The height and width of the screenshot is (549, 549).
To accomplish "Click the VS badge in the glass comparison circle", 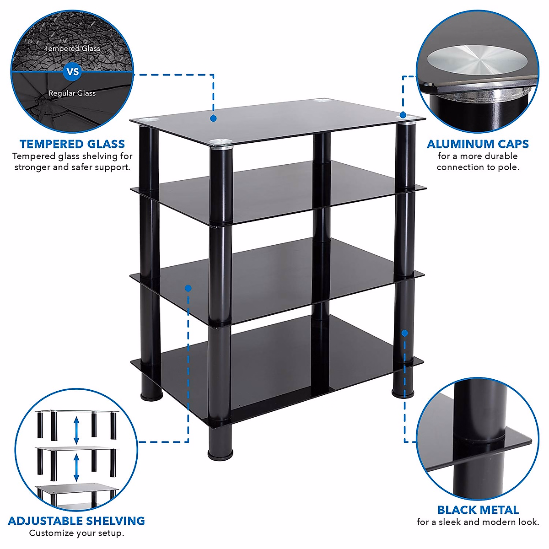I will (72, 72).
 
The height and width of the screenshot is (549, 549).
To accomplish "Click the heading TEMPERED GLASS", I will (72, 144).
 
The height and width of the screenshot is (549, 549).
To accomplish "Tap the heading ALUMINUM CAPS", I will (478, 144).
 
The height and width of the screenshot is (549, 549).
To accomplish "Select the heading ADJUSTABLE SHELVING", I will (76, 521).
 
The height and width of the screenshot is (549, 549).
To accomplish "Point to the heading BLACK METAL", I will (478, 510).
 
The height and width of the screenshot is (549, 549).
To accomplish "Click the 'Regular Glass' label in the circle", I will (72, 93).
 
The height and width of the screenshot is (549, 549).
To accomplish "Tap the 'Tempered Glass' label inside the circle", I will (72, 48).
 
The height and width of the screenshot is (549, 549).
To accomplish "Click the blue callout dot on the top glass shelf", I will (213, 118).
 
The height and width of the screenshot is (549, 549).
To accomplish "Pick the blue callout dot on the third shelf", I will (188, 288).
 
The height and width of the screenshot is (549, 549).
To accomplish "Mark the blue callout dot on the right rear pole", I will (404, 334).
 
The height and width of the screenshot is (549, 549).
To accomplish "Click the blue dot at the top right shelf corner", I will (403, 115).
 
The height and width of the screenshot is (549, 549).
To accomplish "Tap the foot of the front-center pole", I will (220, 454).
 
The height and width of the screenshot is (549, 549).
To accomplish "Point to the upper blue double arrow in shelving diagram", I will (76, 430).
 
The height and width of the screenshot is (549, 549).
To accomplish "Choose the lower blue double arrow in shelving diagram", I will (76, 467).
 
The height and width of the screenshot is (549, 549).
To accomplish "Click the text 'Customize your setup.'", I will (76, 533).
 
